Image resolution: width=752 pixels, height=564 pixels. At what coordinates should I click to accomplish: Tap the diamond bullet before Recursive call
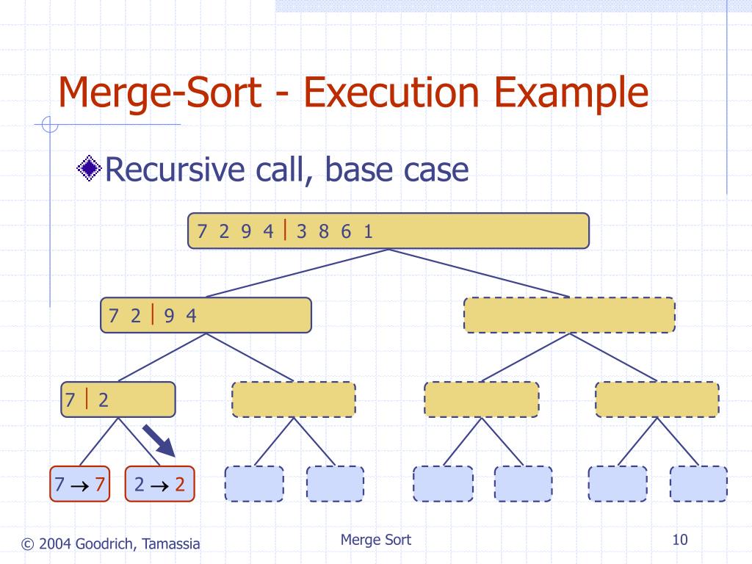click(90, 170)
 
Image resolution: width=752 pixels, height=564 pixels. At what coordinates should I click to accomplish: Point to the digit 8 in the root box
click(323, 231)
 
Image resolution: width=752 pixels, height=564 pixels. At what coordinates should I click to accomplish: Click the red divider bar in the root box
click(285, 231)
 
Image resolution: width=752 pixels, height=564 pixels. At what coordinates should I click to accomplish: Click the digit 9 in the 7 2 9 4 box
click(169, 316)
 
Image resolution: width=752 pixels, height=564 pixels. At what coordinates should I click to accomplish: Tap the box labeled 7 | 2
click(132, 399)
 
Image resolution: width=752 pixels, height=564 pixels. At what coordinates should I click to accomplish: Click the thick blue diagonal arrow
click(159, 442)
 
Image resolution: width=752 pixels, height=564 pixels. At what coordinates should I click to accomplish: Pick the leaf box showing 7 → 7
click(79, 484)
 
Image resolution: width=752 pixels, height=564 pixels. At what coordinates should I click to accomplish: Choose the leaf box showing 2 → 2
click(160, 484)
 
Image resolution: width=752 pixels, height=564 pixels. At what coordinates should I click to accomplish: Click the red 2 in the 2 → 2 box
click(179, 485)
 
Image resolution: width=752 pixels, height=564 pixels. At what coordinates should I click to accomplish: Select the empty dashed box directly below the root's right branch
click(569, 315)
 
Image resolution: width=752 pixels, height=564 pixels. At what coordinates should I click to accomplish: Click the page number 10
click(679, 540)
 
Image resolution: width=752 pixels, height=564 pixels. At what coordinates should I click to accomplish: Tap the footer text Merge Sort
click(376, 540)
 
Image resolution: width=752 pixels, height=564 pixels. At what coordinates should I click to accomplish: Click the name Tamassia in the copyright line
click(172, 543)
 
